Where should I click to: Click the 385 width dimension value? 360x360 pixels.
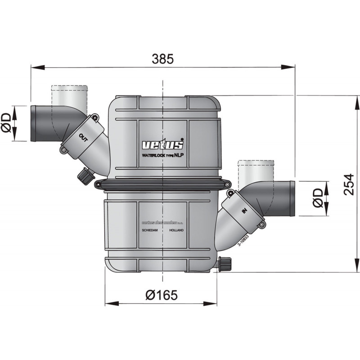[x=162, y=58]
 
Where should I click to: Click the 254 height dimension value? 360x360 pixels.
[x=350, y=184]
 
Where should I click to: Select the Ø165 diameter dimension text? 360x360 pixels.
[x=162, y=295]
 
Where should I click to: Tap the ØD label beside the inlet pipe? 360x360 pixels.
[x=318, y=198]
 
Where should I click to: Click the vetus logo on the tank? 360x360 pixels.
[x=163, y=145]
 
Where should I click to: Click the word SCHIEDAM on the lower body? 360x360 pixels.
[x=150, y=229]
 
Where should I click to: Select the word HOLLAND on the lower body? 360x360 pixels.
[x=176, y=229]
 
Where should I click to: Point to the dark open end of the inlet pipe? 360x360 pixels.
[x=292, y=198]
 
